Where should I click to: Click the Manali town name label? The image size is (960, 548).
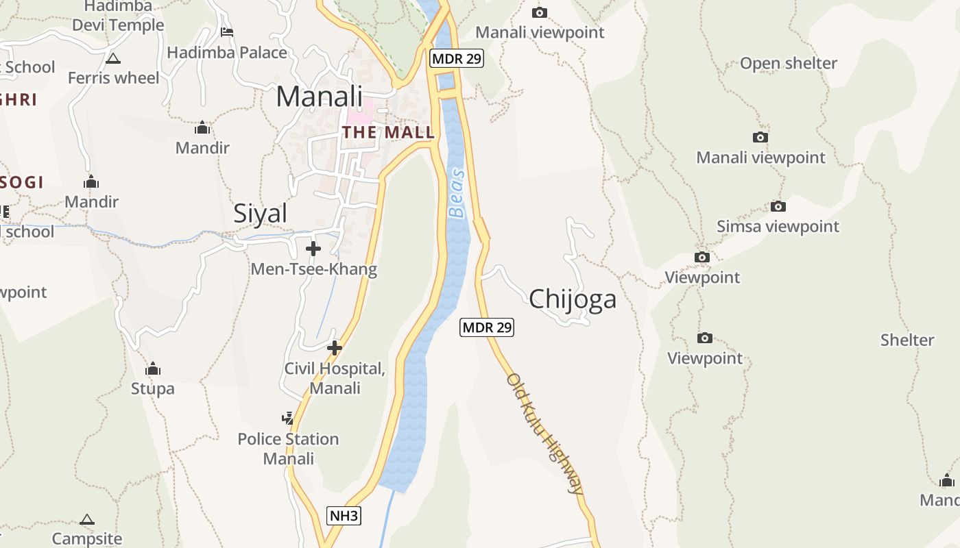(319, 97)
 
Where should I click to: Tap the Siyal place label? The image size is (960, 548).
(261, 214)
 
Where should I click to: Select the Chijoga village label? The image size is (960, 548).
(573, 299)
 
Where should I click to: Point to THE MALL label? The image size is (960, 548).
(389, 132)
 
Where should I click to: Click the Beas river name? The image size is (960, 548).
(456, 193)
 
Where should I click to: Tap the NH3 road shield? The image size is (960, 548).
(344, 516)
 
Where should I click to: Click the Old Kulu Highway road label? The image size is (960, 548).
(546, 433)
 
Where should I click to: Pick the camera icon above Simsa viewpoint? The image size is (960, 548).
(778, 206)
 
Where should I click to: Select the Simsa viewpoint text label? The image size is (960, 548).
(778, 226)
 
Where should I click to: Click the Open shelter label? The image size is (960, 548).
(788, 63)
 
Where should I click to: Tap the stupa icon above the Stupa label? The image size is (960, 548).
(153, 369)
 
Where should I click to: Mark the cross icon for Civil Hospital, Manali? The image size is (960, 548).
(334, 348)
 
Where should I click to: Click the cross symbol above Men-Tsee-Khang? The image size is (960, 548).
(313, 248)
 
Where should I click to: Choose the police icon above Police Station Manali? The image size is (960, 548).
(288, 417)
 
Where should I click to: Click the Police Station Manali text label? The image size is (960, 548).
(288, 448)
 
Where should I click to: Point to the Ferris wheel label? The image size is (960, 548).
(113, 78)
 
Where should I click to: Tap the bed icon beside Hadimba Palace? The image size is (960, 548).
(227, 32)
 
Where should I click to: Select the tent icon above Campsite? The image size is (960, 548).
(87, 520)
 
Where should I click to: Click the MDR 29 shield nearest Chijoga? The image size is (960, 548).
(487, 327)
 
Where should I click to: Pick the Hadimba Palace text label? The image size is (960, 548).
(227, 52)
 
